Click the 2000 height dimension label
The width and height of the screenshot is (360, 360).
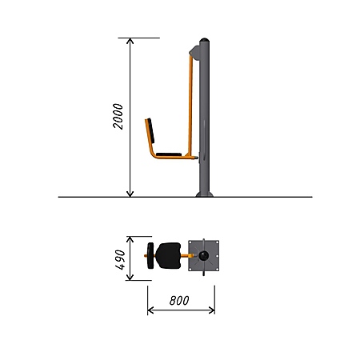tap(118, 116)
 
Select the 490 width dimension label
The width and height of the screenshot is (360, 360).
tap(120, 259)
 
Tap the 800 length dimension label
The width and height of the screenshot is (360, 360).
tap(179, 301)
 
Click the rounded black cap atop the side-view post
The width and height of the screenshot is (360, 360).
tap(204, 40)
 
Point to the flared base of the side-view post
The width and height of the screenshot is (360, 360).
tap(205, 194)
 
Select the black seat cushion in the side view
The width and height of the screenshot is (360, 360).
tap(169, 154)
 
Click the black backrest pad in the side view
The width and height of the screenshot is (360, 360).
tap(151, 130)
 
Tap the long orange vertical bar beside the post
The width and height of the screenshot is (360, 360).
tap(190, 106)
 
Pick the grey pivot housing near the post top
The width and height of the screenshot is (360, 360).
tap(194, 53)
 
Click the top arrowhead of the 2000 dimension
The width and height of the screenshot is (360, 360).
tap(130, 41)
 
